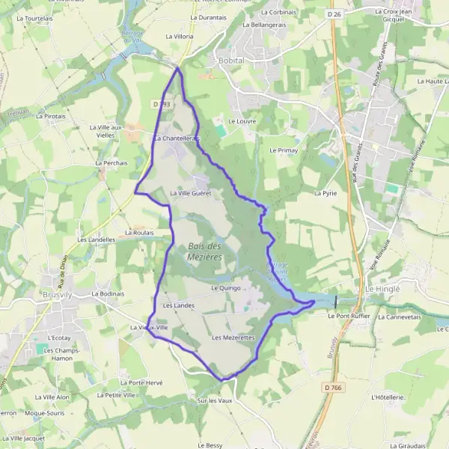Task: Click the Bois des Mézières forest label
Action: tap(205, 251)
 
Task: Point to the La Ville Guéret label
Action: tap(191, 193)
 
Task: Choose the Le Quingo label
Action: tap(225, 287)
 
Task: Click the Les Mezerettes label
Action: tap(233, 338)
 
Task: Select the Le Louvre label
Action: tap(242, 120)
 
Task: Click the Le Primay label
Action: tap(284, 150)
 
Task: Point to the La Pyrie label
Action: tap(327, 193)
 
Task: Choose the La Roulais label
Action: tap(139, 233)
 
